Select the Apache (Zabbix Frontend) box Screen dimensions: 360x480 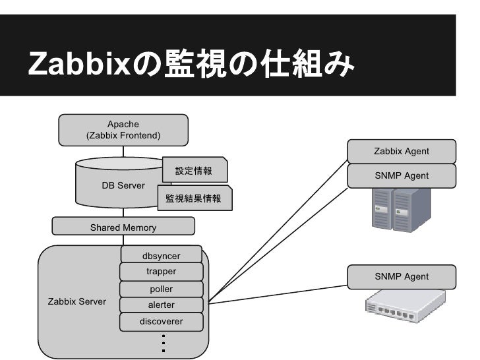[x=123, y=130]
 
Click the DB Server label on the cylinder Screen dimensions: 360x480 [x=123, y=185]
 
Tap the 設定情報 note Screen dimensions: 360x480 [x=193, y=171]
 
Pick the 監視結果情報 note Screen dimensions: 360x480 [x=194, y=198]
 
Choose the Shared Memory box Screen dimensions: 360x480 [x=123, y=227]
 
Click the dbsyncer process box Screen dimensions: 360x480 [x=162, y=256]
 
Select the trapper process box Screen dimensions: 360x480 [x=162, y=272]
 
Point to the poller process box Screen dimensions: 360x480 [x=162, y=289]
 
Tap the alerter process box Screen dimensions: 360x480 [x=162, y=305]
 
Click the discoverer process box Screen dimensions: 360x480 [x=162, y=322]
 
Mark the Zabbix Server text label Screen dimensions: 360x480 [x=77, y=301]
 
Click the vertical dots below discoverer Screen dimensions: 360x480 [x=162, y=344]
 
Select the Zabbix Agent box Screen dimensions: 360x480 [x=402, y=151]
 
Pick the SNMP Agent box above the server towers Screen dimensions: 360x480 [x=402, y=175]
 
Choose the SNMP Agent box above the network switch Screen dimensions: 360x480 [x=402, y=276]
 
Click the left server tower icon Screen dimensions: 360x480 [x=382, y=209]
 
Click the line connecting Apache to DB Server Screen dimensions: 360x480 [x=123, y=152]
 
